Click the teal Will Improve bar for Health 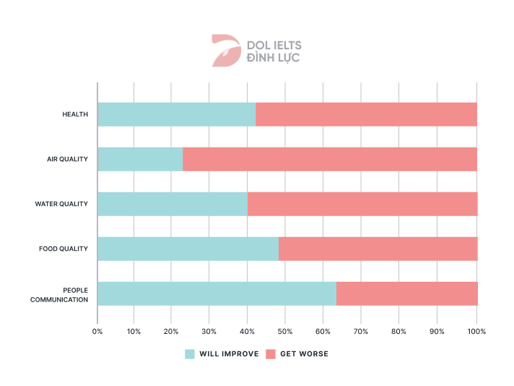[x=177, y=114]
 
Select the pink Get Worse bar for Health [x=366, y=114]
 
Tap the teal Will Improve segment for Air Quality [x=140, y=159]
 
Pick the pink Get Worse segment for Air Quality [x=329, y=159]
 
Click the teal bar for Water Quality [x=173, y=204]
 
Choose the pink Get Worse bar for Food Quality [x=378, y=249]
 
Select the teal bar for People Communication [x=217, y=293]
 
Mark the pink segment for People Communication [x=406, y=293]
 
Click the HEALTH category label [x=75, y=114]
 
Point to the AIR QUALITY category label [x=68, y=159]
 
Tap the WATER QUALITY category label [x=61, y=204]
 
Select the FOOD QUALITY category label [x=64, y=249]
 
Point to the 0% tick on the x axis [x=97, y=331]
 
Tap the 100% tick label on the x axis [x=476, y=331]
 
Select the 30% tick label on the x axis [x=209, y=331]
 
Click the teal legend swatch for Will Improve [x=190, y=354]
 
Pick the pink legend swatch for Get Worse [x=271, y=354]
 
